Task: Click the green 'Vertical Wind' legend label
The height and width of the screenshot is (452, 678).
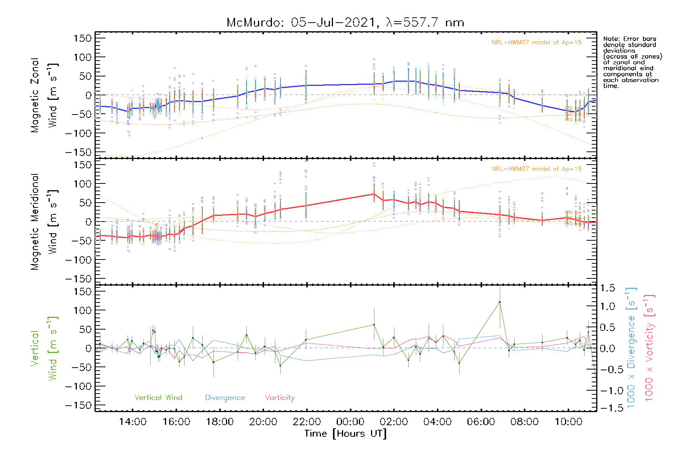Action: pyautogui.click(x=158, y=397)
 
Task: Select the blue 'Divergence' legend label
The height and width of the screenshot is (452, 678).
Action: pyautogui.click(x=225, y=398)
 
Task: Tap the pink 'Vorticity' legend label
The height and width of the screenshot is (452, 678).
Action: pyautogui.click(x=279, y=397)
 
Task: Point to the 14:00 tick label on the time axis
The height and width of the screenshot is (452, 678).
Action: pyautogui.click(x=133, y=422)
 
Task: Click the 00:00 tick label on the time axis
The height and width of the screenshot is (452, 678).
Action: pyautogui.click(x=350, y=422)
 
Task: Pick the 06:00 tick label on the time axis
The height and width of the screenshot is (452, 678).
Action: pyautogui.click(x=481, y=422)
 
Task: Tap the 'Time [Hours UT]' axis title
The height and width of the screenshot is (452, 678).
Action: pyautogui.click(x=345, y=434)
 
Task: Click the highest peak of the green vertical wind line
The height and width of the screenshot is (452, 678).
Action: pyautogui.click(x=499, y=302)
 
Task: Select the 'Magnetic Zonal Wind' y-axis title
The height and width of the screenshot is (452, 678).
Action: pyautogui.click(x=44, y=95)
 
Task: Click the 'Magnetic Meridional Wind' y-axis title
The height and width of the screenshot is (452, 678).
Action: pyautogui.click(x=44, y=221)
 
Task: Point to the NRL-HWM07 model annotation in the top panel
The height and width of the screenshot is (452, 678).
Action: pyautogui.click(x=536, y=43)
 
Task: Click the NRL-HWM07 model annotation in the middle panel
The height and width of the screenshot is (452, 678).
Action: pyautogui.click(x=536, y=169)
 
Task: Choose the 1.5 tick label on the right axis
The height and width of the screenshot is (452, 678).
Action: pyautogui.click(x=607, y=288)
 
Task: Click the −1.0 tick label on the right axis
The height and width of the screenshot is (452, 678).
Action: pyautogui.click(x=607, y=391)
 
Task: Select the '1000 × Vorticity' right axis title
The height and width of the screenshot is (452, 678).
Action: pyautogui.click(x=649, y=348)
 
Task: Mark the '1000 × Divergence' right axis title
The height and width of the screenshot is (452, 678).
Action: pyautogui.click(x=631, y=348)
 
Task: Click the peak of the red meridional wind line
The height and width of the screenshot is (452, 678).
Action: pyautogui.click(x=374, y=194)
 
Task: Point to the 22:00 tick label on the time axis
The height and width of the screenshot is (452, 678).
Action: pyautogui.click(x=307, y=422)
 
